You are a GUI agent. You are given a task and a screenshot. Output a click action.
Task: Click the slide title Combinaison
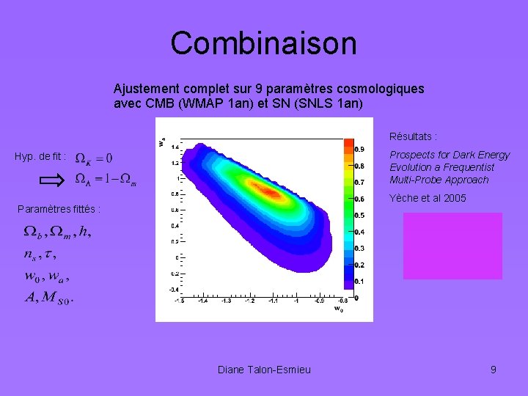click(x=263, y=43)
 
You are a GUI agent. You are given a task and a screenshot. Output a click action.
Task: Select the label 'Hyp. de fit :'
click(x=40, y=156)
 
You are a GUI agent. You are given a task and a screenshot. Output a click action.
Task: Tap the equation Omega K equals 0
click(x=94, y=158)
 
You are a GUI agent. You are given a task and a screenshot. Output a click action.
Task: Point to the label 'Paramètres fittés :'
click(x=59, y=209)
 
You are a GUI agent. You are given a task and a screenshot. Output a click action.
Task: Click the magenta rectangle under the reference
click(x=452, y=246)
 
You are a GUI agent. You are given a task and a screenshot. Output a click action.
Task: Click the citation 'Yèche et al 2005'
click(x=428, y=198)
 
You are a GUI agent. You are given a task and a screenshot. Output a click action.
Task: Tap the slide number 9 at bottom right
click(x=494, y=370)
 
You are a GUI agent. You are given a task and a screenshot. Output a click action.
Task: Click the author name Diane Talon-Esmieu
click(x=264, y=370)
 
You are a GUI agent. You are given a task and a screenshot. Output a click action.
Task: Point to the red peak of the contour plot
click(x=270, y=193)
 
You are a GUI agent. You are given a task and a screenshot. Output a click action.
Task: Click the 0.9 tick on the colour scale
click(x=361, y=149)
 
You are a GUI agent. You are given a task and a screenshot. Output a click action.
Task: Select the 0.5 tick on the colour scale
click(x=361, y=215)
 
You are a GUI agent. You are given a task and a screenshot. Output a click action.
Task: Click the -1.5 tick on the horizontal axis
click(x=178, y=301)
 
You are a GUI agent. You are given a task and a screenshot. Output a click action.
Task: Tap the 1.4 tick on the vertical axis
click(x=175, y=147)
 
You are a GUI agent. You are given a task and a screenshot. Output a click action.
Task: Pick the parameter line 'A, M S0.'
click(x=49, y=298)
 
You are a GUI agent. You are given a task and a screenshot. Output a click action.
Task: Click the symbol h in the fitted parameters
click(x=85, y=232)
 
